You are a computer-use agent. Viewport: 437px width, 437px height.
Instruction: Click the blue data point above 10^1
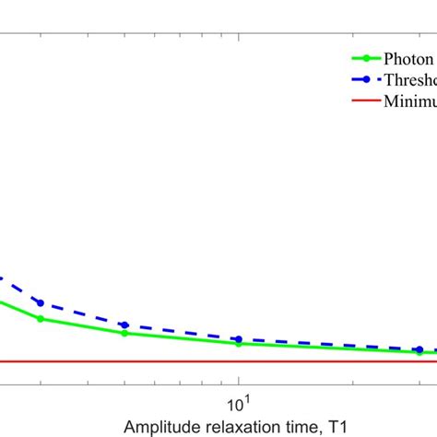click(x=238, y=339)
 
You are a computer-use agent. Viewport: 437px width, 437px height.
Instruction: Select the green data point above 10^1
click(x=238, y=344)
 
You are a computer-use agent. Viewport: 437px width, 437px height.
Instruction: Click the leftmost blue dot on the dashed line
click(x=40, y=302)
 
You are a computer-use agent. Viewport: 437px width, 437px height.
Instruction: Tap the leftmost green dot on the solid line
click(x=40, y=319)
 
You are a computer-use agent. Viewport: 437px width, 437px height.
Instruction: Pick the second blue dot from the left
click(x=124, y=325)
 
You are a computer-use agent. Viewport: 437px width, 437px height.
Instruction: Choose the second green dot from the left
click(x=124, y=333)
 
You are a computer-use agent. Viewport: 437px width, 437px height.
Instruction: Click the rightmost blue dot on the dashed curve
click(x=419, y=349)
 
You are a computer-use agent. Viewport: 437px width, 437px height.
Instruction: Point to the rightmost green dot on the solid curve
click(x=419, y=352)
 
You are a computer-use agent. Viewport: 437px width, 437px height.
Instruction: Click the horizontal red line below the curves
click(x=184, y=361)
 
